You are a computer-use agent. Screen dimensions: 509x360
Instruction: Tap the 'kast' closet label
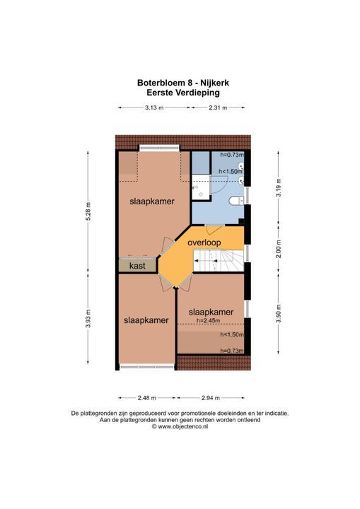tap(137, 266)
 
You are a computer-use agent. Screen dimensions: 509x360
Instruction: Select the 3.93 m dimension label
tap(88, 322)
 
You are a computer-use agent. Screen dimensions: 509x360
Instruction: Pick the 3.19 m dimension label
tap(279, 190)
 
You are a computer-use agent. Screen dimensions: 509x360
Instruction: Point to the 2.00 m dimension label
tap(279, 251)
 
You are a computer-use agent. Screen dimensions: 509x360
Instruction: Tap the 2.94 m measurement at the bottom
tap(210, 397)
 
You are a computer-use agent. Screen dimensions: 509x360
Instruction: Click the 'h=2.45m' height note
tap(211, 320)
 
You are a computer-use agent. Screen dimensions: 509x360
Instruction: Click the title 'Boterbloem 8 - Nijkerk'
tap(182, 82)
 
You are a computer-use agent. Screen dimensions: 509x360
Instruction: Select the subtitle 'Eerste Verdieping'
tap(182, 92)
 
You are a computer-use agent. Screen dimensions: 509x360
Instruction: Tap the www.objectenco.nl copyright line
tap(180, 427)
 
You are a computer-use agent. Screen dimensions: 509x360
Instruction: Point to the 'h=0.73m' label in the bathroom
tap(231, 155)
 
